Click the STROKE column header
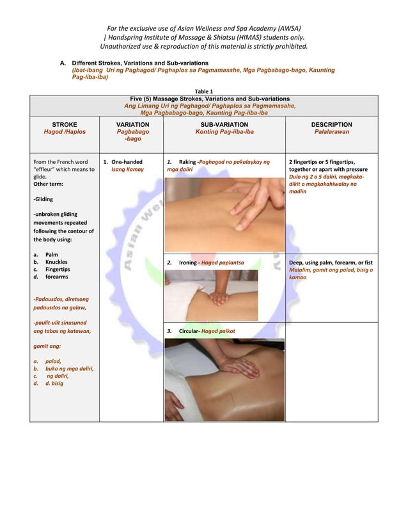coord(64,124)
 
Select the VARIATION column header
coord(133,124)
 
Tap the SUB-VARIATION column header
coord(224,124)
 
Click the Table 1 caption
coord(203,91)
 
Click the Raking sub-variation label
coord(190,162)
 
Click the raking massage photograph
coord(224,214)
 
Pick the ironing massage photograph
coord(212,294)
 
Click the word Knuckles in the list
coord(57,262)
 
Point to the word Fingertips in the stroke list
coord(59,270)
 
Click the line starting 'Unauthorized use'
coord(203,47)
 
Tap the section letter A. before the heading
coord(63,63)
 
